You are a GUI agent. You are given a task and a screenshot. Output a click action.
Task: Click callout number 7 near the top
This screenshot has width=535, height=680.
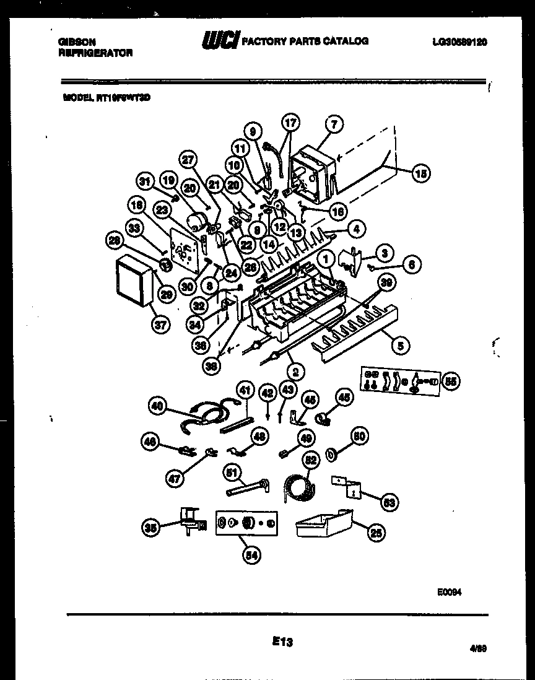[333, 124]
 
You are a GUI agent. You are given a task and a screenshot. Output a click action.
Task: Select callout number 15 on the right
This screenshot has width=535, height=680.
[420, 174]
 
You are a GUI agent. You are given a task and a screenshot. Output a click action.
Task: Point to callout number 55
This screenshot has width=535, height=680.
[451, 381]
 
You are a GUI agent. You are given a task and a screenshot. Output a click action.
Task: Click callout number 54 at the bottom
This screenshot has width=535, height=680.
[251, 556]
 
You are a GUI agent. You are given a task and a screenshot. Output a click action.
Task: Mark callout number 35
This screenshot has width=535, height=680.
[151, 527]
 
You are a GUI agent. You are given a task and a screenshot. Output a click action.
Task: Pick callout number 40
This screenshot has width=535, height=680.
[157, 406]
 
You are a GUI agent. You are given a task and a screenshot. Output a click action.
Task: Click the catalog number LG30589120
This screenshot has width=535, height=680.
[459, 41]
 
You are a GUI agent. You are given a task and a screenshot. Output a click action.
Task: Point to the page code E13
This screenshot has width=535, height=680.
[282, 642]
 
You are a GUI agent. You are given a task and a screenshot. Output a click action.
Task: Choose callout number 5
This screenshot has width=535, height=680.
[400, 347]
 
